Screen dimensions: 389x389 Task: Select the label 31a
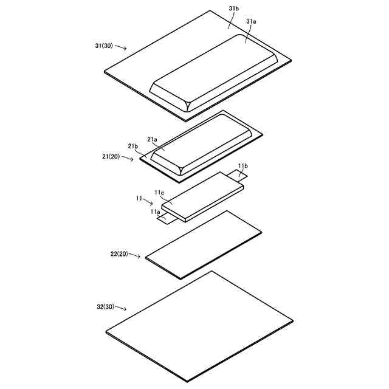click(251, 21)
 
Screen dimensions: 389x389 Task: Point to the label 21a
click(152, 140)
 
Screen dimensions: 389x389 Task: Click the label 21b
click(133, 147)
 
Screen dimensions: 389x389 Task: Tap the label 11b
click(243, 165)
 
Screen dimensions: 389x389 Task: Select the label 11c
click(159, 193)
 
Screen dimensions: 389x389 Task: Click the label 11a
click(155, 212)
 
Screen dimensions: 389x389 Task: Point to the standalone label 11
click(139, 198)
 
